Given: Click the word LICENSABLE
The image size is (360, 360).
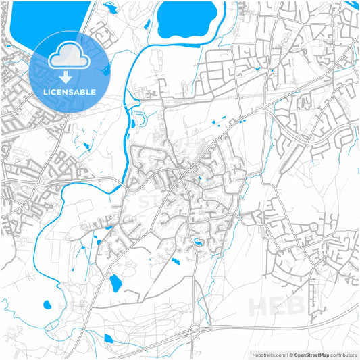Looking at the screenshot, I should coord(70,91).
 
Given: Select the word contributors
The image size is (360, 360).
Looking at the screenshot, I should coord(343,354).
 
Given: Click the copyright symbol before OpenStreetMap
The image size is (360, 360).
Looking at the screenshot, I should coord(290,354).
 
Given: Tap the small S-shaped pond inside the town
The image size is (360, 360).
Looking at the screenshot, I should coord(197,242).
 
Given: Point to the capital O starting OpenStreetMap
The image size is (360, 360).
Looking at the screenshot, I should coord(295,354).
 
